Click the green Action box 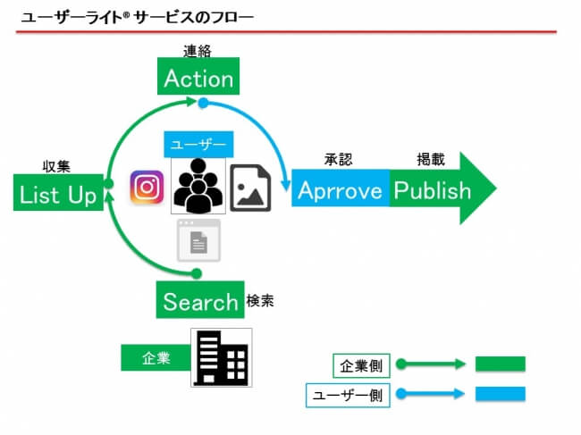pos(198,76)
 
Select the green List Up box pos(58,193)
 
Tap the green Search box pos(200,300)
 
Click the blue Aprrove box pos(341,188)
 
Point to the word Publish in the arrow pos(432,190)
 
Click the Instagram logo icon pos(147,187)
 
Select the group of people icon pos(198,186)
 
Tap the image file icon pos(250,188)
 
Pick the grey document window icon pos(199,240)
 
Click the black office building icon pos(222,357)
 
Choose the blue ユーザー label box pos(198,145)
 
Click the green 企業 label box pos(156,357)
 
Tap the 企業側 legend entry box pos(361,365)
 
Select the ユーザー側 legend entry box pos(348,396)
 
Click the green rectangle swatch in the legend pos(501,364)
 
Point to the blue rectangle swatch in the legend pos(501,394)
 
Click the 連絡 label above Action pos(198,51)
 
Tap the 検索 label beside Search pos(260,301)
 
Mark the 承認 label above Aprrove pos(338,160)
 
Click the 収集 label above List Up pos(56,167)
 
